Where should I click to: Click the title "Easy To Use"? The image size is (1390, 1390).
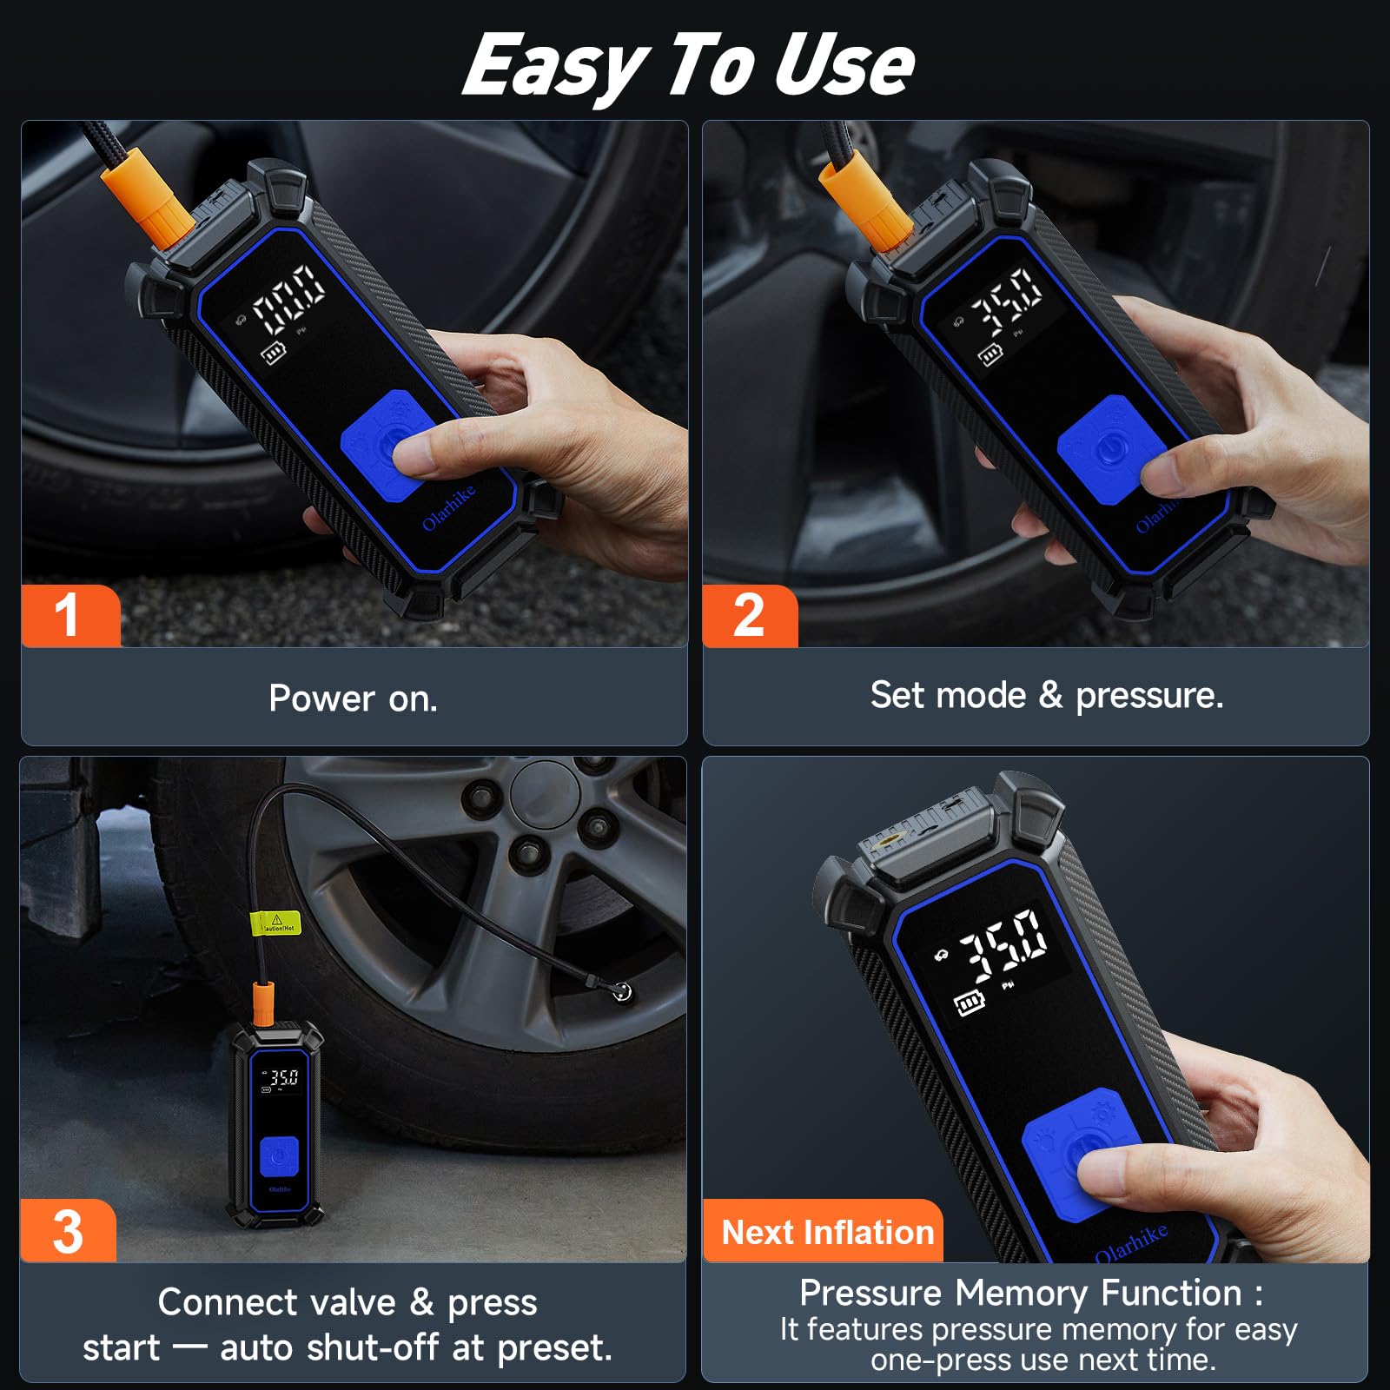pyautogui.click(x=688, y=66)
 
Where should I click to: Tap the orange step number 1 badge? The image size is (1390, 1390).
pyautogui.click(x=69, y=616)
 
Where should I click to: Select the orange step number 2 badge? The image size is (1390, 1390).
pyautogui.click(x=749, y=616)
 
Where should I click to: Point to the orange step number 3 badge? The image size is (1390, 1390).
pyautogui.click(x=68, y=1230)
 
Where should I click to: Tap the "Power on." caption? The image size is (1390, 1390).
pyautogui.click(x=354, y=698)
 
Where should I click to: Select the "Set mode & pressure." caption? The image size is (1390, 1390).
pyautogui.click(x=1047, y=695)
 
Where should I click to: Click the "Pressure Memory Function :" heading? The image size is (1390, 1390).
pyautogui.click(x=1031, y=1293)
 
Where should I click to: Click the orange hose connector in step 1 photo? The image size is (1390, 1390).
pyautogui.click(x=148, y=195)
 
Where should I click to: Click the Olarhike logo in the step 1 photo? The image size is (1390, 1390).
pyautogui.click(x=449, y=508)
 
